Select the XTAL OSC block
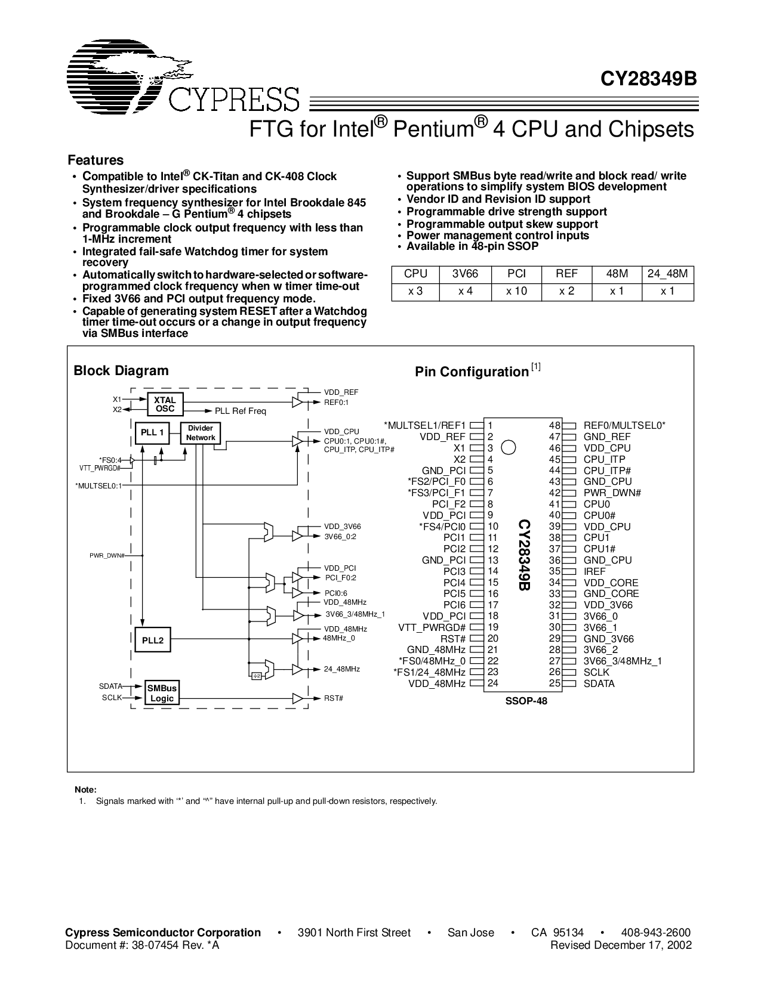tap(165, 404)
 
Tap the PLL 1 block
tap(153, 432)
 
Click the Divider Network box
tap(201, 433)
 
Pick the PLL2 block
tap(153, 640)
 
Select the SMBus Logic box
tap(162, 694)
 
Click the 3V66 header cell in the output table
tap(465, 274)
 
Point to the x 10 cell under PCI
tap(516, 292)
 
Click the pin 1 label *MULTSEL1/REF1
tap(425, 425)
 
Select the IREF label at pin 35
tap(594, 571)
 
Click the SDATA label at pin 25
tap(599, 683)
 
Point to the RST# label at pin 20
tap(453, 639)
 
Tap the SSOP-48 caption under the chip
tap(526, 701)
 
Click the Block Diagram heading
tap(121, 370)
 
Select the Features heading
tap(95, 160)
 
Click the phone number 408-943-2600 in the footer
tap(655, 933)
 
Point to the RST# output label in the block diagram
tap(334, 698)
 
